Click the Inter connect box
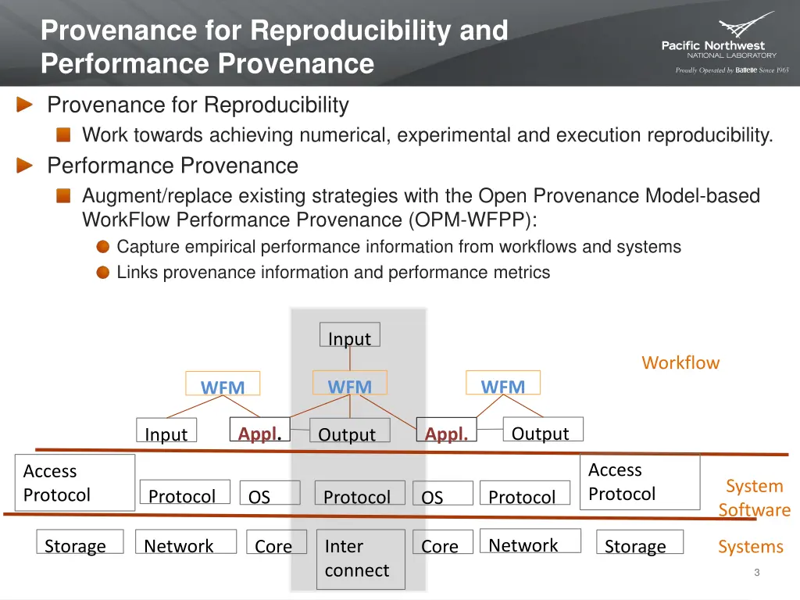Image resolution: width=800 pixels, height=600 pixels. tap(360, 559)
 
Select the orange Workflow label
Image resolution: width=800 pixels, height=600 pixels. tap(680, 362)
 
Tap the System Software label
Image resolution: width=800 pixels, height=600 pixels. tap(754, 498)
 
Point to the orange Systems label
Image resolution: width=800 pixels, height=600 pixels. tap(750, 547)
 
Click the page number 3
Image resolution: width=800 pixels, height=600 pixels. tap(756, 573)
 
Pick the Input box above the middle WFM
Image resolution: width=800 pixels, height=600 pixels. tap(349, 336)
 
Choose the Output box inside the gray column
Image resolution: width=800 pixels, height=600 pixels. tap(346, 433)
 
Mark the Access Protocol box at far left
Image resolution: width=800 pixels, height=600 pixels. tap(74, 483)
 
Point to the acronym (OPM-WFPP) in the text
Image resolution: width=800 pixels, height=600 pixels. tap(472, 220)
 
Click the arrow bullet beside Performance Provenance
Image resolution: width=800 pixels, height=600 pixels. tap(26, 166)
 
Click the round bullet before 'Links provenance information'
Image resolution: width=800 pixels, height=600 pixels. tap(103, 273)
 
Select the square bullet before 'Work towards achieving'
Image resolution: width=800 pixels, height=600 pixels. tap(63, 135)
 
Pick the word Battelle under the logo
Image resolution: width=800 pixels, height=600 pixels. tap(746, 70)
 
